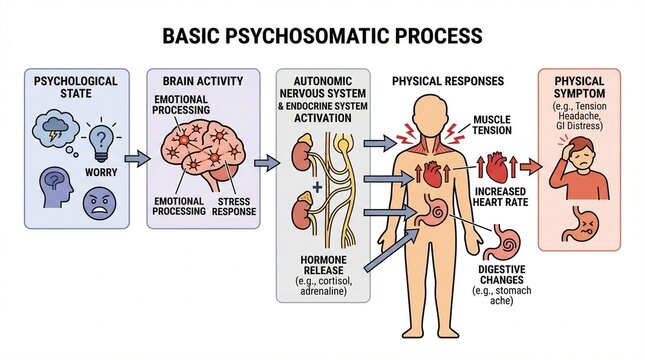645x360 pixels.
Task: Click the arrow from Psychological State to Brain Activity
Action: (135, 159)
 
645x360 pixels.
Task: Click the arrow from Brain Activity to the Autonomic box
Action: (265, 160)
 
